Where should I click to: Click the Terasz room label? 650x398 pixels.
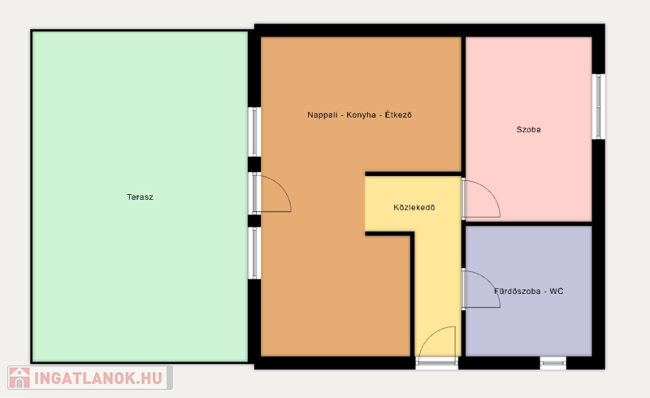point(140,197)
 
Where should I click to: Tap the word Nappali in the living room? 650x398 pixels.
point(322,115)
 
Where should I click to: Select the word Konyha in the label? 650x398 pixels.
point(361,115)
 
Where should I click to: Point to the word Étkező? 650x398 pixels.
point(398,115)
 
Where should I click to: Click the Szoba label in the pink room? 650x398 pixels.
point(529,129)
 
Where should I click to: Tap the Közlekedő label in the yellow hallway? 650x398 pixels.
point(414,207)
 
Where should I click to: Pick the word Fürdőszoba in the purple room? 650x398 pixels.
point(518,291)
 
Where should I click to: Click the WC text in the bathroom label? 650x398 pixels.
point(557,291)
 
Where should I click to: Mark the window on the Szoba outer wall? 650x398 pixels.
point(598,106)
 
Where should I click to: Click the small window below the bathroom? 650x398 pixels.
point(553,363)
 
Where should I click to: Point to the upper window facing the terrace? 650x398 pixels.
point(254,132)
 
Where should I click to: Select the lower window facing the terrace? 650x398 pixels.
point(254,253)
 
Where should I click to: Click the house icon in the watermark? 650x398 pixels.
point(19,378)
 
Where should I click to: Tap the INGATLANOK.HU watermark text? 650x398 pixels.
point(97,379)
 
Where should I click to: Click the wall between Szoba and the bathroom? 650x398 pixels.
point(529,223)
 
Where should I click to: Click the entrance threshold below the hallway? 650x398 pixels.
point(437,363)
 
